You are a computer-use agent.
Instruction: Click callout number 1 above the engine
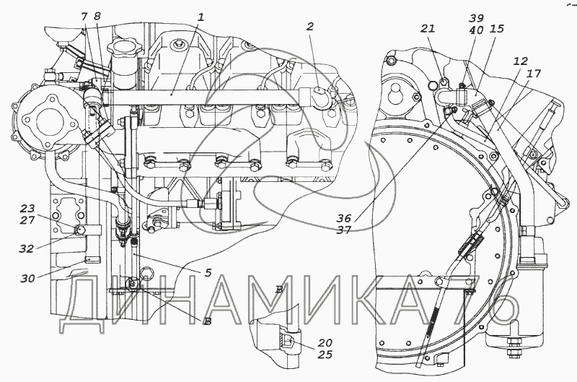[201, 17]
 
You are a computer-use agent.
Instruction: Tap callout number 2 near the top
[311, 27]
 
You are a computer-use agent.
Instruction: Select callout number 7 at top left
[84, 16]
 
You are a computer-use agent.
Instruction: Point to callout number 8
[97, 16]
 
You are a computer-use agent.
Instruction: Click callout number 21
[428, 29]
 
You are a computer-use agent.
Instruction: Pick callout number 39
[477, 19]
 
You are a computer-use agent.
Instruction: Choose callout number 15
[497, 29]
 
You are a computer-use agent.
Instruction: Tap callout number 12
[521, 61]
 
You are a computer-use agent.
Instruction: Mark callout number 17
[534, 74]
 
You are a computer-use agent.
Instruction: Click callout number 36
[344, 218]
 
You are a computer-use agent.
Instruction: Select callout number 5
[208, 273]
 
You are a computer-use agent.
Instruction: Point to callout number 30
[27, 279]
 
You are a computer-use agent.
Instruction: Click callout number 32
[27, 249]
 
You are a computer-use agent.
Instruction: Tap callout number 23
[27, 209]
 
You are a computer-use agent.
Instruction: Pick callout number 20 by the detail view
[325, 343]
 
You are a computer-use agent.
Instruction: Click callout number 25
[325, 355]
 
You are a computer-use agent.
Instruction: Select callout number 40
[477, 30]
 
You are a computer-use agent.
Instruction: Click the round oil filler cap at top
[123, 48]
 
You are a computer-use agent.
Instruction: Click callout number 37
[344, 230]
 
